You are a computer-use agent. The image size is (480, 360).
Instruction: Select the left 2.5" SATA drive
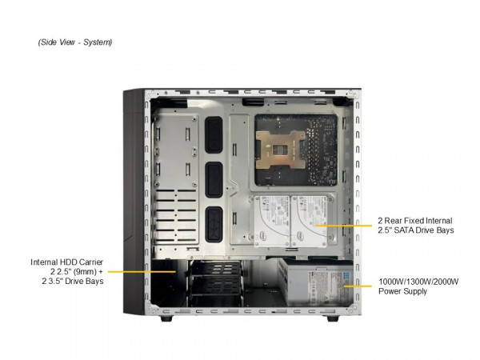(x=271, y=218)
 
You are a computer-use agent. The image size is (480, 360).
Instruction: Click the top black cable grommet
(x=214, y=134)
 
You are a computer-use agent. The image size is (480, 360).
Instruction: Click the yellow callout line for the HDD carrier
(x=144, y=271)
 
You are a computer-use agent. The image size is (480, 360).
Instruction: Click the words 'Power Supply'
(x=404, y=291)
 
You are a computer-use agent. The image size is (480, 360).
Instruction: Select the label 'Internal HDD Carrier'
(x=68, y=261)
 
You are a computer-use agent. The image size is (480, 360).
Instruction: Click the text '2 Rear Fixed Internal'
(x=415, y=220)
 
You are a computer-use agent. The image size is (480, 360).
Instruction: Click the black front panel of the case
(x=131, y=200)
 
